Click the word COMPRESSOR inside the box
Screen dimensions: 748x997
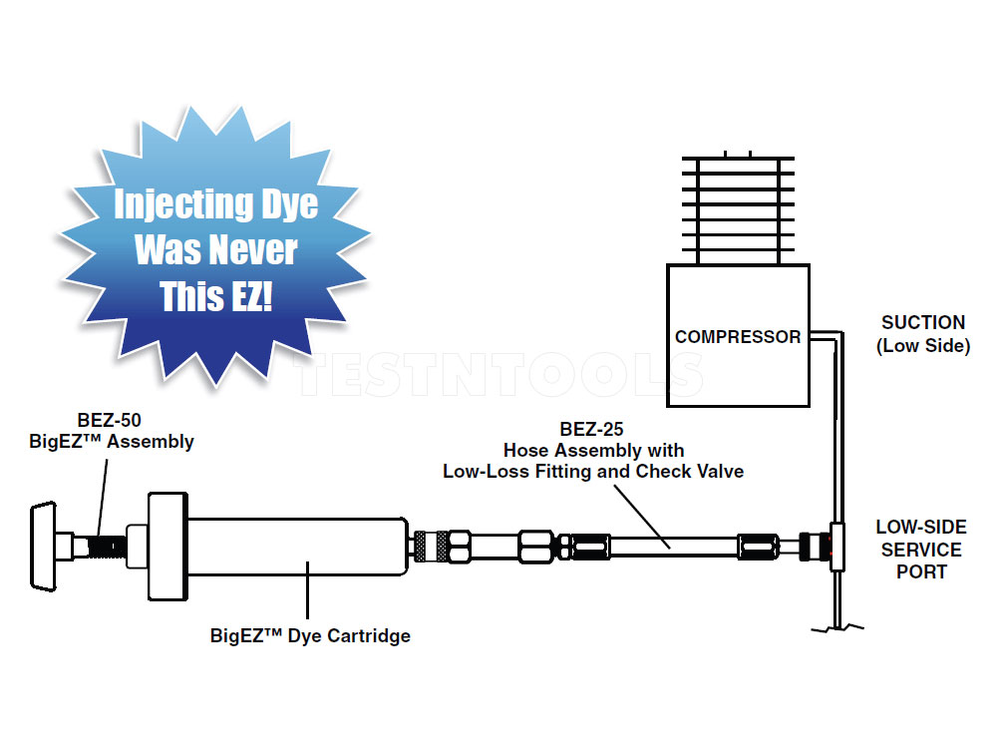(x=738, y=337)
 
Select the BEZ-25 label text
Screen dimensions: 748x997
(x=592, y=430)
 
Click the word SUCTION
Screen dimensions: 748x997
(x=923, y=323)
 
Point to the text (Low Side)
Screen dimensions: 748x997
(x=923, y=346)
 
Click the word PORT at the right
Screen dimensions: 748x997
(x=921, y=571)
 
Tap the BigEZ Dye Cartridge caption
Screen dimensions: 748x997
(x=310, y=635)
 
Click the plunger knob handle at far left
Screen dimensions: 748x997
(x=41, y=546)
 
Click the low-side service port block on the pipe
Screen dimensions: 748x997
(x=836, y=547)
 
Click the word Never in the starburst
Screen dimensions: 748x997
(x=258, y=250)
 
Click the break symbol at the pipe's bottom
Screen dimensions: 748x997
(x=836, y=626)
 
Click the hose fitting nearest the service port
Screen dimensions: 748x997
(x=758, y=547)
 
